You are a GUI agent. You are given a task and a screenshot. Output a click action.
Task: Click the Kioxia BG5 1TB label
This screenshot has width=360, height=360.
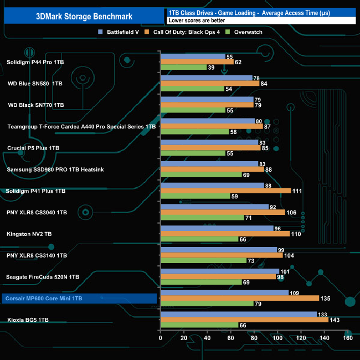click(x=28, y=320)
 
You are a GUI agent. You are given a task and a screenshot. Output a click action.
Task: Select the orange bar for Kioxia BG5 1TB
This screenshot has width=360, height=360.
click(x=244, y=320)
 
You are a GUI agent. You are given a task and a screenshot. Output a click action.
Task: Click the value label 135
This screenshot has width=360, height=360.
click(x=326, y=299)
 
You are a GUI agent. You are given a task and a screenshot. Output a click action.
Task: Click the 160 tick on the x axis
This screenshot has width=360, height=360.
click(x=348, y=338)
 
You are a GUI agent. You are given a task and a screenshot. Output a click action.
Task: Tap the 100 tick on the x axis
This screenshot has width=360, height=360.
click(x=277, y=338)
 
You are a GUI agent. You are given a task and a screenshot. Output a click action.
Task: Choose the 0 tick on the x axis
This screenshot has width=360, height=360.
click(x=161, y=338)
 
